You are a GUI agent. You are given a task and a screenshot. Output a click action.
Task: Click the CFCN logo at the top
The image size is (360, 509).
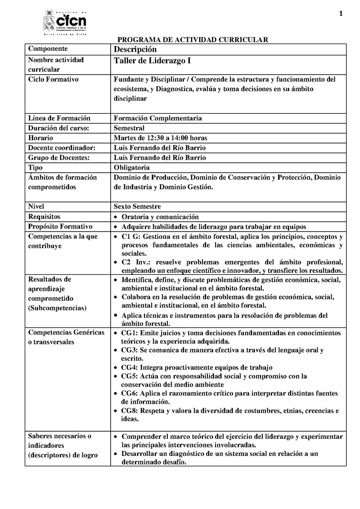point(65,22)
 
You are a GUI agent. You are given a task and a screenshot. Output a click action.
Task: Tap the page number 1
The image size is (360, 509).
point(341,13)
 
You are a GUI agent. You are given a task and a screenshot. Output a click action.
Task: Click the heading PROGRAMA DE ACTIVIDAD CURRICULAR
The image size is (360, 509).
point(193,40)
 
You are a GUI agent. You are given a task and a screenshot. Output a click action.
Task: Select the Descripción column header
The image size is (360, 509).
point(135,49)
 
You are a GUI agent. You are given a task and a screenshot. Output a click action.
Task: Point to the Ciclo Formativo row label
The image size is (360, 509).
point(53,80)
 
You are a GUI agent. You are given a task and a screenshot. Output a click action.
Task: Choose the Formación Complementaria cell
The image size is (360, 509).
point(157,118)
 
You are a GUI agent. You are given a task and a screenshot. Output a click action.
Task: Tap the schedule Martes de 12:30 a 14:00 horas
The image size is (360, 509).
point(161,138)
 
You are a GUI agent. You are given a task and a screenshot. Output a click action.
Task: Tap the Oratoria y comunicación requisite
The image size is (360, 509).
point(160,217)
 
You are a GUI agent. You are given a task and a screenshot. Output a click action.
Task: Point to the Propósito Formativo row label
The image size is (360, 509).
point(60,227)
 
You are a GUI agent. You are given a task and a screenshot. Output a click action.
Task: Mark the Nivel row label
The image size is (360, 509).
point(36,207)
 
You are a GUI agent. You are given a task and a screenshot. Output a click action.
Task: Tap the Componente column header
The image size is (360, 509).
point(48,49)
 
